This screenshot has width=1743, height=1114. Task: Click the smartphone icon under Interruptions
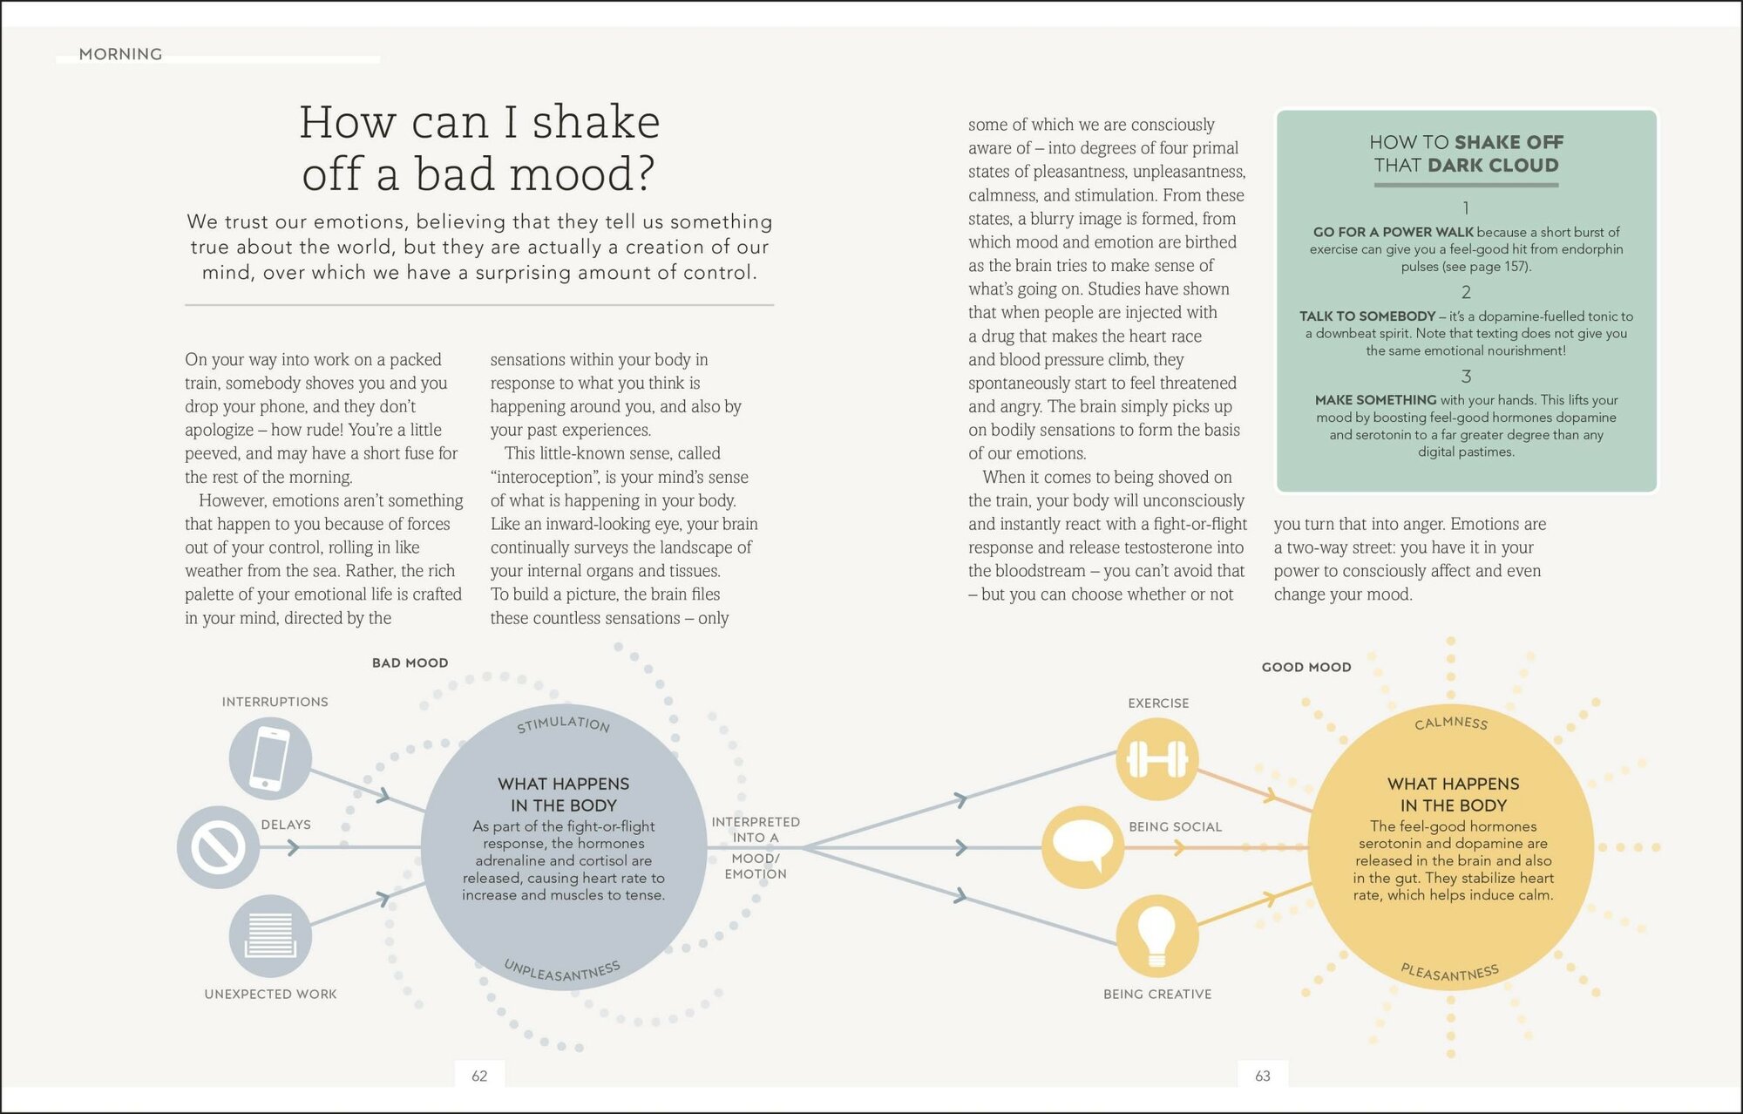pyautogui.click(x=270, y=757)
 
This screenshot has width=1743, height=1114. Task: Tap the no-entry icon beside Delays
pyautogui.click(x=218, y=847)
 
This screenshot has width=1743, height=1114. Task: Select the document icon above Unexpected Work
pyautogui.click(x=270, y=935)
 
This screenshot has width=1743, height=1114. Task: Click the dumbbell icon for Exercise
pyautogui.click(x=1157, y=758)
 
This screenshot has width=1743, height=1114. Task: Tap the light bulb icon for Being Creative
pyautogui.click(x=1157, y=935)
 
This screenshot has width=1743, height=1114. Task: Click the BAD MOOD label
pyautogui.click(x=410, y=663)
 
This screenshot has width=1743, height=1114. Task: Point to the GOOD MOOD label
pyautogui.click(x=1306, y=668)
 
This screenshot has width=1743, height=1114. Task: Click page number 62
pyautogui.click(x=479, y=1077)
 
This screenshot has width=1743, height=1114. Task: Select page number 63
pyautogui.click(x=1263, y=1077)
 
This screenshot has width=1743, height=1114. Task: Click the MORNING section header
pyautogui.click(x=120, y=54)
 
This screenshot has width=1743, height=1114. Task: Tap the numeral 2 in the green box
pyautogui.click(x=1466, y=292)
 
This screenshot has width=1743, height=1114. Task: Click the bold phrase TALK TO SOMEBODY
pyautogui.click(x=1367, y=316)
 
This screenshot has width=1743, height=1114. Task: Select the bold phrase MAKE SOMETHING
pyautogui.click(x=1375, y=400)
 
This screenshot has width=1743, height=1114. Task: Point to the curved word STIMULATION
pyautogui.click(x=563, y=723)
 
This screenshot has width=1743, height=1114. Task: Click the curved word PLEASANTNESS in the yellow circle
pyautogui.click(x=1450, y=973)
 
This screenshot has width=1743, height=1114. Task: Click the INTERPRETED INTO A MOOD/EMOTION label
pyautogui.click(x=756, y=847)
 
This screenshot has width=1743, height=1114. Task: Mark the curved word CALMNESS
pyautogui.click(x=1451, y=723)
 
